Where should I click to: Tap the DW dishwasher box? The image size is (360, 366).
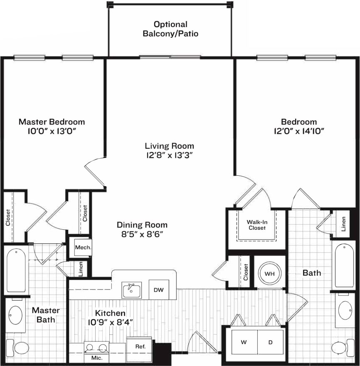[158, 290]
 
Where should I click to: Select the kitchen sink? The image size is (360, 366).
[132, 290]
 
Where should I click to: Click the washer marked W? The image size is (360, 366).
[243, 343]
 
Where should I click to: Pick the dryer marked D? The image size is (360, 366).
[270, 343]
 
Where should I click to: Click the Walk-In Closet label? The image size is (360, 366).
[257, 225]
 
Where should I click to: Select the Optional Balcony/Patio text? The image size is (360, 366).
[170, 29]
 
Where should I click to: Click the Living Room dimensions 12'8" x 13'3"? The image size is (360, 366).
[170, 155]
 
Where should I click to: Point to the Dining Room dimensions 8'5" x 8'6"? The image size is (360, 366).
[142, 234]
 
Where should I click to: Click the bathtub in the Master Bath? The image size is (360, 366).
[16, 270]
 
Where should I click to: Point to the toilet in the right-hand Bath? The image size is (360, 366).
[341, 348]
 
